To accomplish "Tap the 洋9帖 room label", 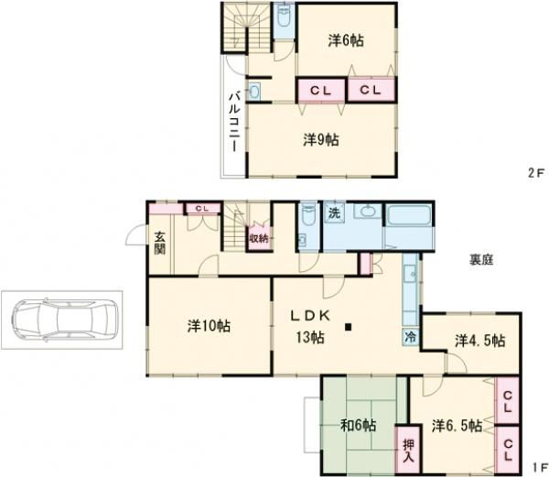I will tap(321, 139).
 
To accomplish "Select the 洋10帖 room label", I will tap(209, 325).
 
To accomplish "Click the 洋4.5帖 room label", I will tap(479, 341).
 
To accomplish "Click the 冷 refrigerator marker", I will tap(408, 336).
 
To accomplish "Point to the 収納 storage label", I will tap(260, 238).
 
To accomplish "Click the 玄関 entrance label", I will tap(159, 240).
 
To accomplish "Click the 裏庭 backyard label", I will tap(482, 259).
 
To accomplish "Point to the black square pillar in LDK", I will tap(349, 325).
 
